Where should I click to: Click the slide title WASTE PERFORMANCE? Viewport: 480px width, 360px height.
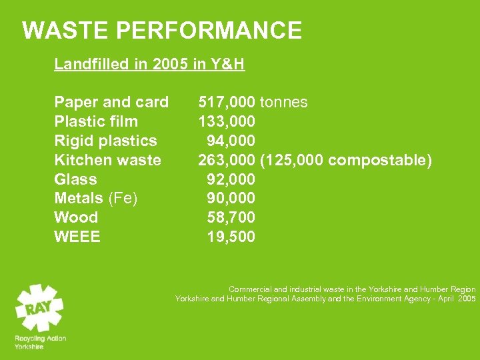(162, 31)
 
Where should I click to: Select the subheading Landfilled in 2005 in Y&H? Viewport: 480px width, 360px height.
(149, 65)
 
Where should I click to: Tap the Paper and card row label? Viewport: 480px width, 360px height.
(111, 102)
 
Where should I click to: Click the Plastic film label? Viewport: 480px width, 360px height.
(96, 121)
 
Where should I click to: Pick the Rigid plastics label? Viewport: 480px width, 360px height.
(105, 141)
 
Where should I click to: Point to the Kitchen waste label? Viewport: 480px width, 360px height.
(107, 160)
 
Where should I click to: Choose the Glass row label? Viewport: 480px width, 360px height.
(75, 179)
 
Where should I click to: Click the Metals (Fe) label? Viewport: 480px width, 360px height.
(96, 198)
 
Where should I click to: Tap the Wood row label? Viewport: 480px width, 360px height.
(76, 217)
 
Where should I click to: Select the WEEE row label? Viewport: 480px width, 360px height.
(77, 237)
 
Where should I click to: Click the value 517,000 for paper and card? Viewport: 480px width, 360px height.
(227, 102)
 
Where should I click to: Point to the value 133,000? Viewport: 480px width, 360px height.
(227, 121)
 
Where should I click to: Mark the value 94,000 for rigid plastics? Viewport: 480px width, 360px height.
(231, 141)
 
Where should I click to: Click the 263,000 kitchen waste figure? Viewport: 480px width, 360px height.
(227, 160)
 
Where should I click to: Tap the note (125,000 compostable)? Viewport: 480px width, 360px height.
(346, 160)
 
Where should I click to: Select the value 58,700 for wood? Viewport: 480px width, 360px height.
(231, 217)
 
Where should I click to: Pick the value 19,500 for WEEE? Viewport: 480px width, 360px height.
(231, 237)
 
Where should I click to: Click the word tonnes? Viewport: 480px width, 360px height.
(283, 102)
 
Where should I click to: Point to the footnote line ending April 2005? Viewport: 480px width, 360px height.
(325, 299)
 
